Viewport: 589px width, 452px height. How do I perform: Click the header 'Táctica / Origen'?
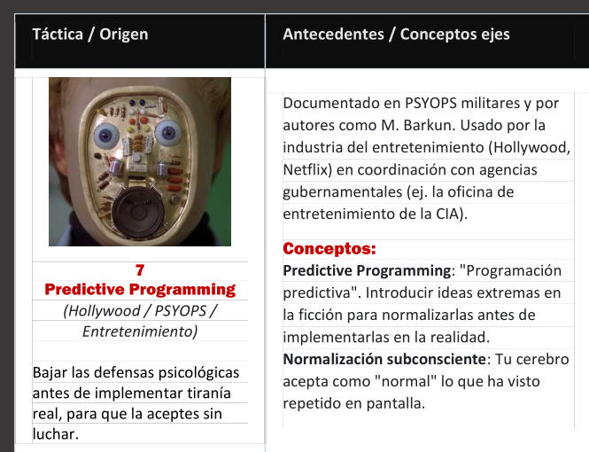point(90,35)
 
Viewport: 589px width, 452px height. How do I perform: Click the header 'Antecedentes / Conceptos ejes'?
point(396,35)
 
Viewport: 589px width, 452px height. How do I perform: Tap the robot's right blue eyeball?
point(168,133)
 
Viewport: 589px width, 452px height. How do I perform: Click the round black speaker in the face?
point(138,213)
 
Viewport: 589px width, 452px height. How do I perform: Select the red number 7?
point(140,270)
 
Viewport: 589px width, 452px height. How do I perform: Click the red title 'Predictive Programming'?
point(140,290)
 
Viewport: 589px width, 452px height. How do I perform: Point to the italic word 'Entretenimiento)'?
point(140,331)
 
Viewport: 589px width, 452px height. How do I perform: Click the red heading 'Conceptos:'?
point(329,249)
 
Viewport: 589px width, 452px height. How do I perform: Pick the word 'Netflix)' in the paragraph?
point(307,170)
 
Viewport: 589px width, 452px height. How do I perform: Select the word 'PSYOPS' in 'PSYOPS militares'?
point(430,103)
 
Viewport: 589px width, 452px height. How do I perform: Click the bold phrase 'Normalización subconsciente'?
point(384,359)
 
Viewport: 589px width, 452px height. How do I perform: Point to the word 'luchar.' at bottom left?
point(56,434)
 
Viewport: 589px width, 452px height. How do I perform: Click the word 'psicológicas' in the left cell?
point(198,373)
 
